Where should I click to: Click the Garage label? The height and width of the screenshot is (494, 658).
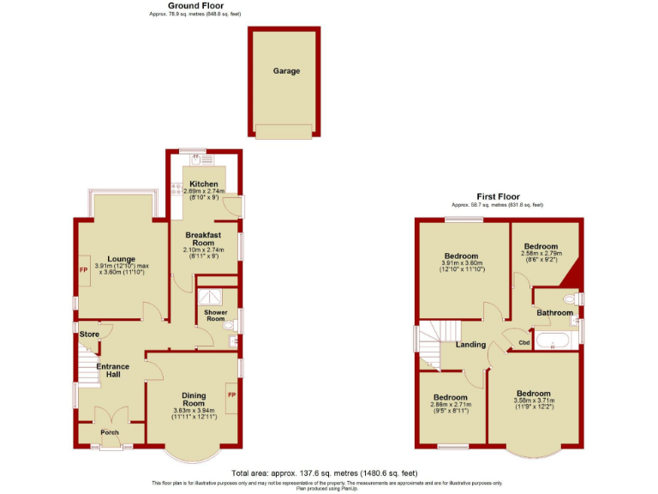[286, 71]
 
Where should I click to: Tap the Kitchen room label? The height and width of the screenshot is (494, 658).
[203, 184]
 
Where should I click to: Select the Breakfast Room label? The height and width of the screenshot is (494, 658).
[203, 238]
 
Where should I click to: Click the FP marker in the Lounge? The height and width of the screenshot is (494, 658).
[83, 270]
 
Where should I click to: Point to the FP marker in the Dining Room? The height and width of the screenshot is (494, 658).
[230, 394]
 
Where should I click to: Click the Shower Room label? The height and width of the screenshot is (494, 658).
[215, 316]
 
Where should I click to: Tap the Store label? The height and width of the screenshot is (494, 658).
[89, 334]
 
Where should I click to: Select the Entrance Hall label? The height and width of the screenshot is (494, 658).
[112, 370]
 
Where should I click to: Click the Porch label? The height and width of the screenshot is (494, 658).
[110, 432]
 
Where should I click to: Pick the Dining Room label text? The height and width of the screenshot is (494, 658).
[194, 399]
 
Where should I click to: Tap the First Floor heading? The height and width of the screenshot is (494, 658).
[497, 197]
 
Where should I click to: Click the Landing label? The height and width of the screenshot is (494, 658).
[471, 345]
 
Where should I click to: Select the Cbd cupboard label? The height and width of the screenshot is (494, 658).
[523, 342]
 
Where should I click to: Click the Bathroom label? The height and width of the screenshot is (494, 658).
[555, 313]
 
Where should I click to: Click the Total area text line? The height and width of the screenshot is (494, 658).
[324, 473]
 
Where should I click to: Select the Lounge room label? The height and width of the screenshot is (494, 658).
[123, 257]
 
